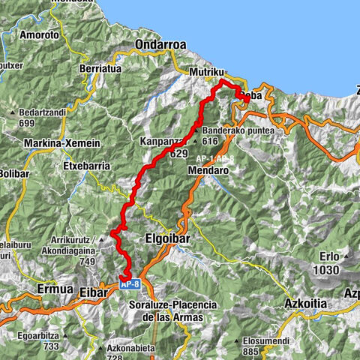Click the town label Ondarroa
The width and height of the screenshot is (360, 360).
point(160,45)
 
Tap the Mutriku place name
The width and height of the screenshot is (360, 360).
point(206,72)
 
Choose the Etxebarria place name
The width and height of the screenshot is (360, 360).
point(87,165)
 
